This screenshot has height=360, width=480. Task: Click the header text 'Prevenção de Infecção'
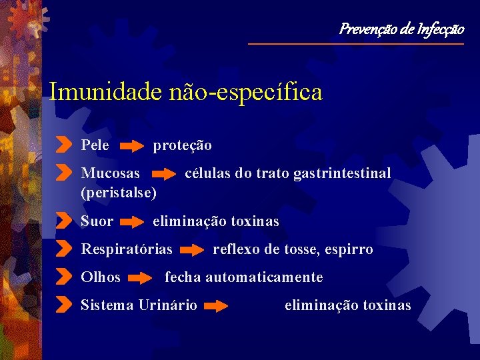[401, 29]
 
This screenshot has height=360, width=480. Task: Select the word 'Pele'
[95, 145]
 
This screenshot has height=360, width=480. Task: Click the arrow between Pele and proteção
[134, 145]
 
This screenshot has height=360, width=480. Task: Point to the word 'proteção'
[183, 145]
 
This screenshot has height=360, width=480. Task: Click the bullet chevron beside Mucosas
[63, 173]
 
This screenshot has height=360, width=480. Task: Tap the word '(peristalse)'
[119, 193]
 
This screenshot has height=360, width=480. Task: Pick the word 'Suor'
[97, 221]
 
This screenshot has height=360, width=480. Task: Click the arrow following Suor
[134, 221]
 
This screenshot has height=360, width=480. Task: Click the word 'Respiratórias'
[127, 249]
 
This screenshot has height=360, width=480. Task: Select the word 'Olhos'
[101, 277]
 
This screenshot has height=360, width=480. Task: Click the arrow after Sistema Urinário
[216, 306]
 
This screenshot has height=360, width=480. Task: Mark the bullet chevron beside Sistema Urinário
[63, 305]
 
